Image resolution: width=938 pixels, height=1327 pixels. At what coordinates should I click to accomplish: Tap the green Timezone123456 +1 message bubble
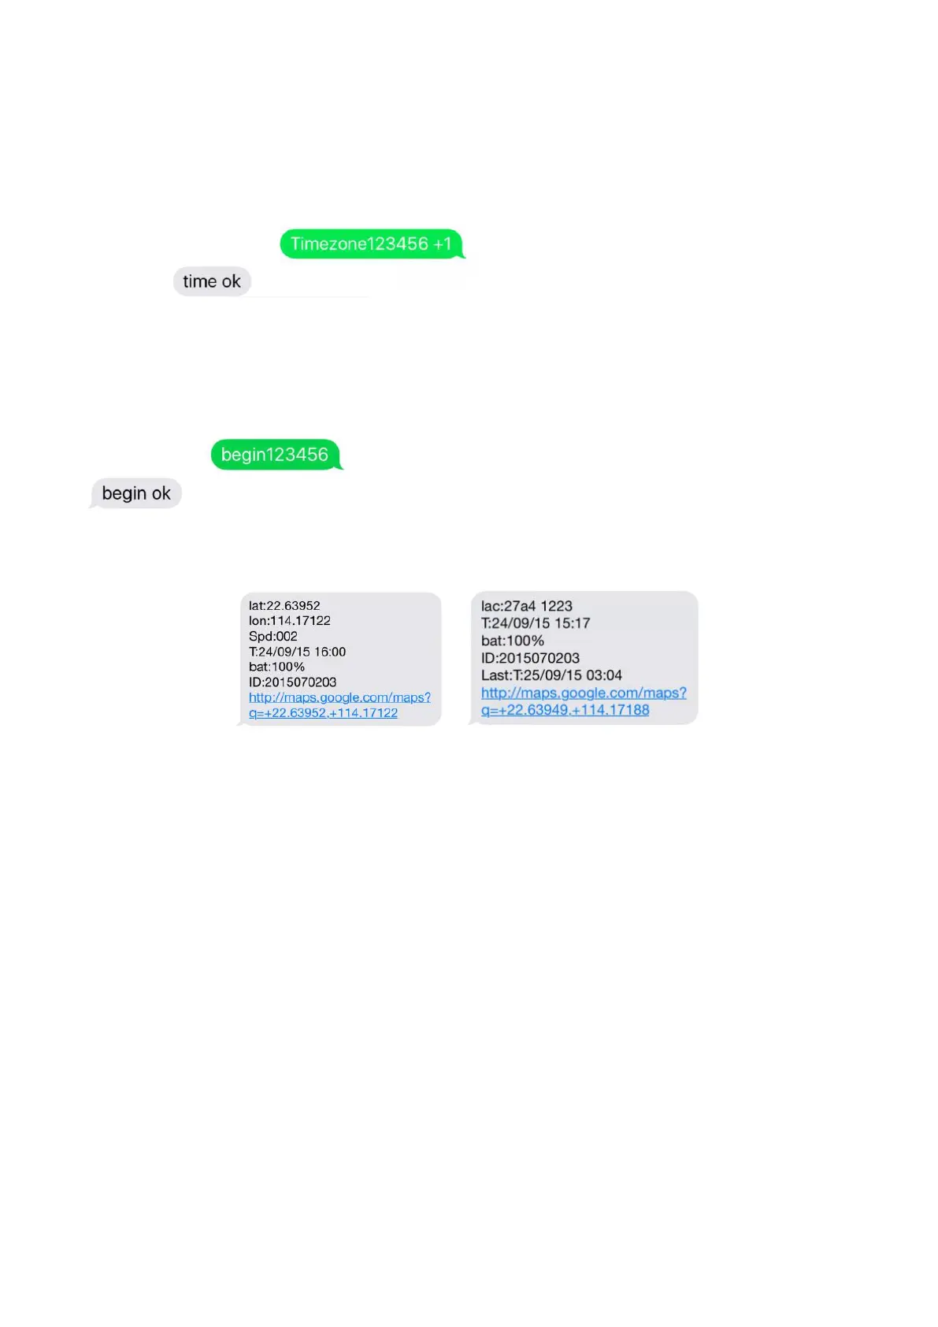(371, 244)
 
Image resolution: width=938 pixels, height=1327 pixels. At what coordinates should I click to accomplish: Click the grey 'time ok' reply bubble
(212, 281)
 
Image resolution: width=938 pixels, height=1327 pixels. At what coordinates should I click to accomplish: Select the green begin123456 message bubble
(275, 455)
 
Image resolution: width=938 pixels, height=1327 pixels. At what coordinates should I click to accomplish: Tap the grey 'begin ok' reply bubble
(136, 493)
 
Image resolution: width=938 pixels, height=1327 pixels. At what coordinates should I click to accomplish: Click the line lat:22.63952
(284, 606)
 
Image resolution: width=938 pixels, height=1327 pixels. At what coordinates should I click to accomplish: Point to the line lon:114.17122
(290, 621)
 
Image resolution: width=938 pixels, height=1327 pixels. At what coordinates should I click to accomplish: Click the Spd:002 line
(273, 636)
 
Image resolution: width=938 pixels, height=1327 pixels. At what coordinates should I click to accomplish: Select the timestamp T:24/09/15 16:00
(297, 652)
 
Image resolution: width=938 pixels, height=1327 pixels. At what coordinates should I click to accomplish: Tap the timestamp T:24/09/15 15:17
(536, 623)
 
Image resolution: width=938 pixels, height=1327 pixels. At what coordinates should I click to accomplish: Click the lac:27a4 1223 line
(527, 606)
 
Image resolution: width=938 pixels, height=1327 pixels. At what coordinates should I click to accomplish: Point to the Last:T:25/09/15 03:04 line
(551, 675)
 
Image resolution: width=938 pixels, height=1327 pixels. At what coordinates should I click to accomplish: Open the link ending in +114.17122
(339, 705)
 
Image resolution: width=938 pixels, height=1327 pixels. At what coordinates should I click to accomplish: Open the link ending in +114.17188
(583, 701)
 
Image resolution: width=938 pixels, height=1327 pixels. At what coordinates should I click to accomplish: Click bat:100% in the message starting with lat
(276, 667)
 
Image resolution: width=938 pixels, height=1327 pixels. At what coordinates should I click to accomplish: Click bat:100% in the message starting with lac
(513, 641)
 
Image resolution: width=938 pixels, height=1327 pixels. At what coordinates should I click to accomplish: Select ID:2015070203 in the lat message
(292, 682)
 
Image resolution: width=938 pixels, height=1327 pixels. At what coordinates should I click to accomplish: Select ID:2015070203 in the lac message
(530, 658)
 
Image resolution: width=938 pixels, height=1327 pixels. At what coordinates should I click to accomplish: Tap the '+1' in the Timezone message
(443, 244)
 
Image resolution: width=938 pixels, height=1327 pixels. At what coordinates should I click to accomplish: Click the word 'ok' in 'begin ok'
(161, 493)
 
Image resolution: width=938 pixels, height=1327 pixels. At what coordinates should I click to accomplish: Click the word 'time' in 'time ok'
(199, 281)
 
